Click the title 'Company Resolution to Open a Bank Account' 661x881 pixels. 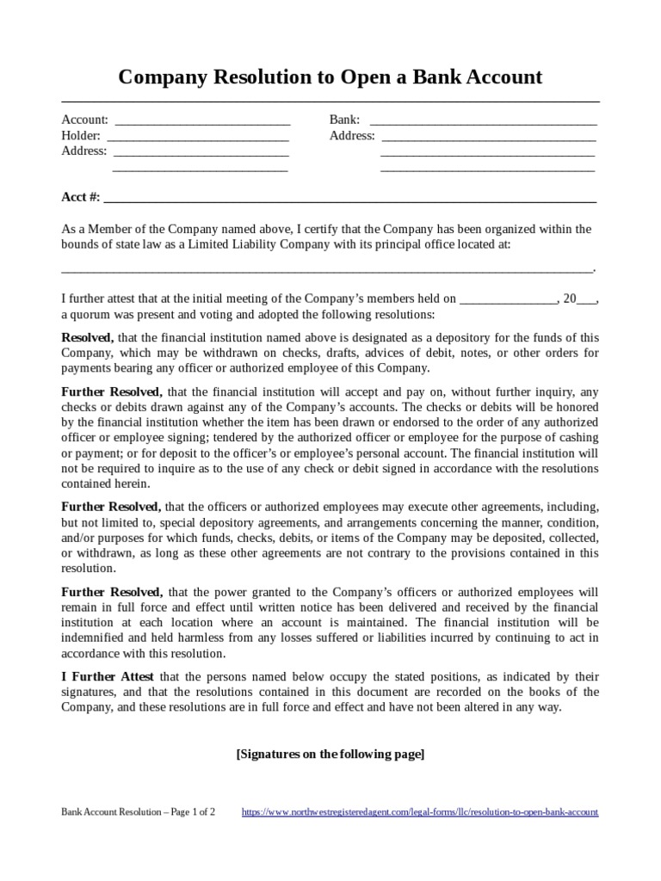click(x=330, y=77)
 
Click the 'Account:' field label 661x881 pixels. click(x=84, y=120)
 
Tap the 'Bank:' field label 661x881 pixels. click(x=344, y=120)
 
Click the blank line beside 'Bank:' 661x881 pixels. click(x=483, y=120)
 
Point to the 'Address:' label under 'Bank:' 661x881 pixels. click(x=352, y=136)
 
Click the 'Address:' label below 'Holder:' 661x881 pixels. click(x=83, y=151)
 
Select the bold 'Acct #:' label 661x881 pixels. click(x=80, y=197)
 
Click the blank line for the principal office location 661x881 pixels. click(x=327, y=268)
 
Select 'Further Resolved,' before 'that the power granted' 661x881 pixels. click(x=112, y=592)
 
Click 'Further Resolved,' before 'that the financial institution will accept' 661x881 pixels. click(x=112, y=391)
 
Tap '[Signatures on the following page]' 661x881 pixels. click(x=330, y=754)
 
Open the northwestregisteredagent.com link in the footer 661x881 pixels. click(x=420, y=811)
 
